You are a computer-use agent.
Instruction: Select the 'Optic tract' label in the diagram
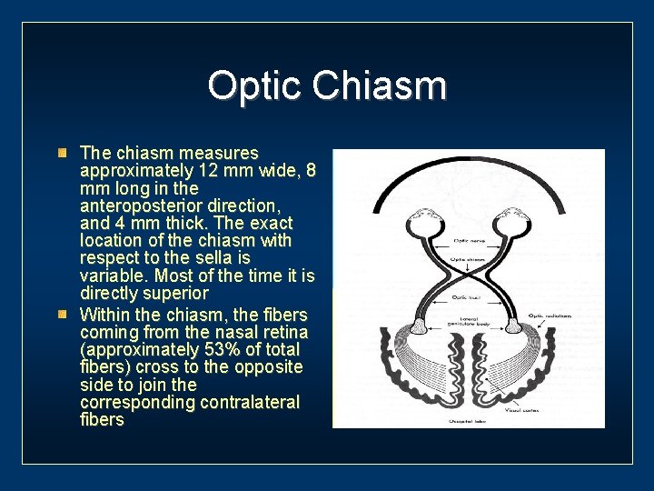pyautogui.click(x=468, y=297)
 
